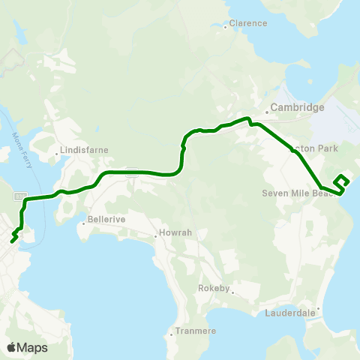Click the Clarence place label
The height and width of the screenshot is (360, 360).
(x=248, y=23)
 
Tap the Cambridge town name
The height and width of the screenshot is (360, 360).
(x=297, y=107)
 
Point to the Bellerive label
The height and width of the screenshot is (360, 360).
(x=105, y=220)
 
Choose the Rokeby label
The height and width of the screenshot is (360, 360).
(x=218, y=288)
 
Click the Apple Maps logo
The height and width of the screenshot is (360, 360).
(x=27, y=347)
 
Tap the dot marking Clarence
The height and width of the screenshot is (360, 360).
(x=226, y=27)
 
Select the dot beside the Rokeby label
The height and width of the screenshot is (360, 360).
(x=233, y=292)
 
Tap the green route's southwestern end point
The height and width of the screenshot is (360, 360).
(x=11, y=241)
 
